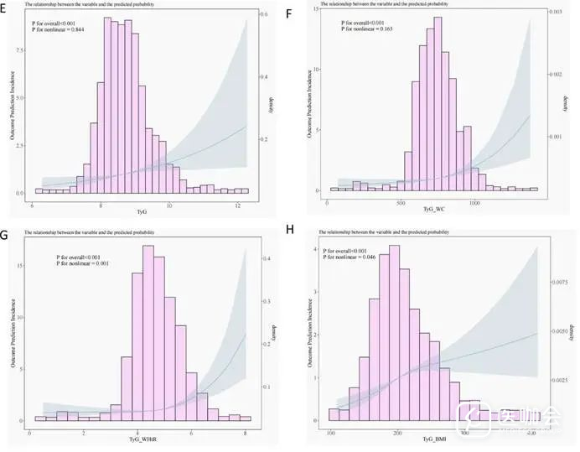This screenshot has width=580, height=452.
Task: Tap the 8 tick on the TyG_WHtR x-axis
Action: coord(245,434)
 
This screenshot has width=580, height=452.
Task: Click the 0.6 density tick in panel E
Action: coord(264,16)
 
